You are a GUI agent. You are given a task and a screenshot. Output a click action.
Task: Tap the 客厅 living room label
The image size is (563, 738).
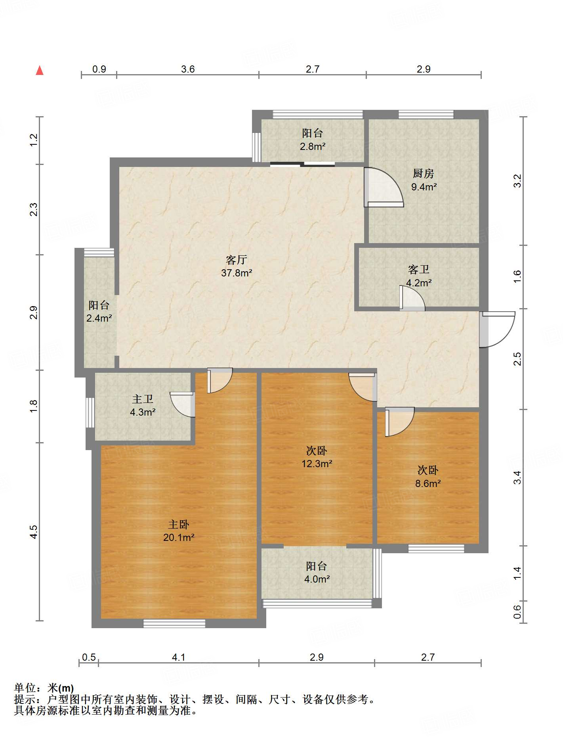coord(237,260)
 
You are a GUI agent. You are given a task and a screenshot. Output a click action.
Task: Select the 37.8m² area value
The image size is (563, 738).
coord(237,273)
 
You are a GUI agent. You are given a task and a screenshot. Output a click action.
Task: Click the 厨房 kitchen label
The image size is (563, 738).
coord(423,173)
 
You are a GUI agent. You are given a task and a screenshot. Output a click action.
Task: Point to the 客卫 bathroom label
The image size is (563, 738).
coord(419,270)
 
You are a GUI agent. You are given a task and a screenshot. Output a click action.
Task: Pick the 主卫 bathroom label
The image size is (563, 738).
coord(143,399)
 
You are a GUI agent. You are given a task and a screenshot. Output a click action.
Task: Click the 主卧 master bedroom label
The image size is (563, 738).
coord(179,525)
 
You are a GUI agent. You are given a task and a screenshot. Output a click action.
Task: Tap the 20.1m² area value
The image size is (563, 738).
coord(179,538)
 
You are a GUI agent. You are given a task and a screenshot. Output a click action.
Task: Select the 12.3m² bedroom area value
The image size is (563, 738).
coord(317,464)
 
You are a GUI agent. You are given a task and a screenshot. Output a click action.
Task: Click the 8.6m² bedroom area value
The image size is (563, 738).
coord(428,483)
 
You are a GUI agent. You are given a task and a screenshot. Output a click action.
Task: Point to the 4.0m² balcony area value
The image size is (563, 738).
coord(317,579)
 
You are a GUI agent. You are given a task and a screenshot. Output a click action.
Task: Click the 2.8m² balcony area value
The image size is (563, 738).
coord(313,146)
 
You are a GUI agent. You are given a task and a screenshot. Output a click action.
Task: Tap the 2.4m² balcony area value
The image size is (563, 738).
coord(99,318)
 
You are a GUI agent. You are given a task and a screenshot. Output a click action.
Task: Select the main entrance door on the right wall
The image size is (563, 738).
coord(497,329)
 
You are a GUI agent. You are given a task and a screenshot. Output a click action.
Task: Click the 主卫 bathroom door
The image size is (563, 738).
coord(182,404)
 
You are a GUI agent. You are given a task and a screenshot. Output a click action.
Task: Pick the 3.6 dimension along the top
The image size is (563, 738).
coord(188,69)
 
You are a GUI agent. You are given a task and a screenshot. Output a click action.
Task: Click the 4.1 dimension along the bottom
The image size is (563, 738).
coord(178,657)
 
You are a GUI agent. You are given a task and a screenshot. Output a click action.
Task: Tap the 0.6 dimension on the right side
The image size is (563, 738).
coord(517,611)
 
